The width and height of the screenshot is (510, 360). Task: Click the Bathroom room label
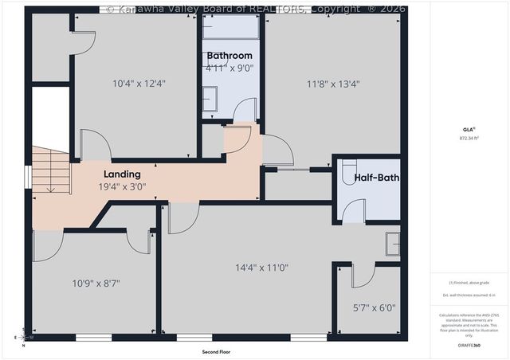(x=229, y=56)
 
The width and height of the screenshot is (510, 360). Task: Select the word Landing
(x=122, y=174)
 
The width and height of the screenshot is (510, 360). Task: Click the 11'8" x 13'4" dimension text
(x=333, y=83)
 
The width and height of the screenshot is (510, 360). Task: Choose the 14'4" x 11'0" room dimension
(x=261, y=268)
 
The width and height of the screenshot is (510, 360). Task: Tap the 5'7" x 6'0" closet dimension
(x=374, y=307)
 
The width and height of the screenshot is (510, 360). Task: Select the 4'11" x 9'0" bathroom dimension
(x=229, y=68)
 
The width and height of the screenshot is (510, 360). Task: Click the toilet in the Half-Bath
(x=348, y=174)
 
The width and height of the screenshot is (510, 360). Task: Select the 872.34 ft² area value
(x=470, y=138)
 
